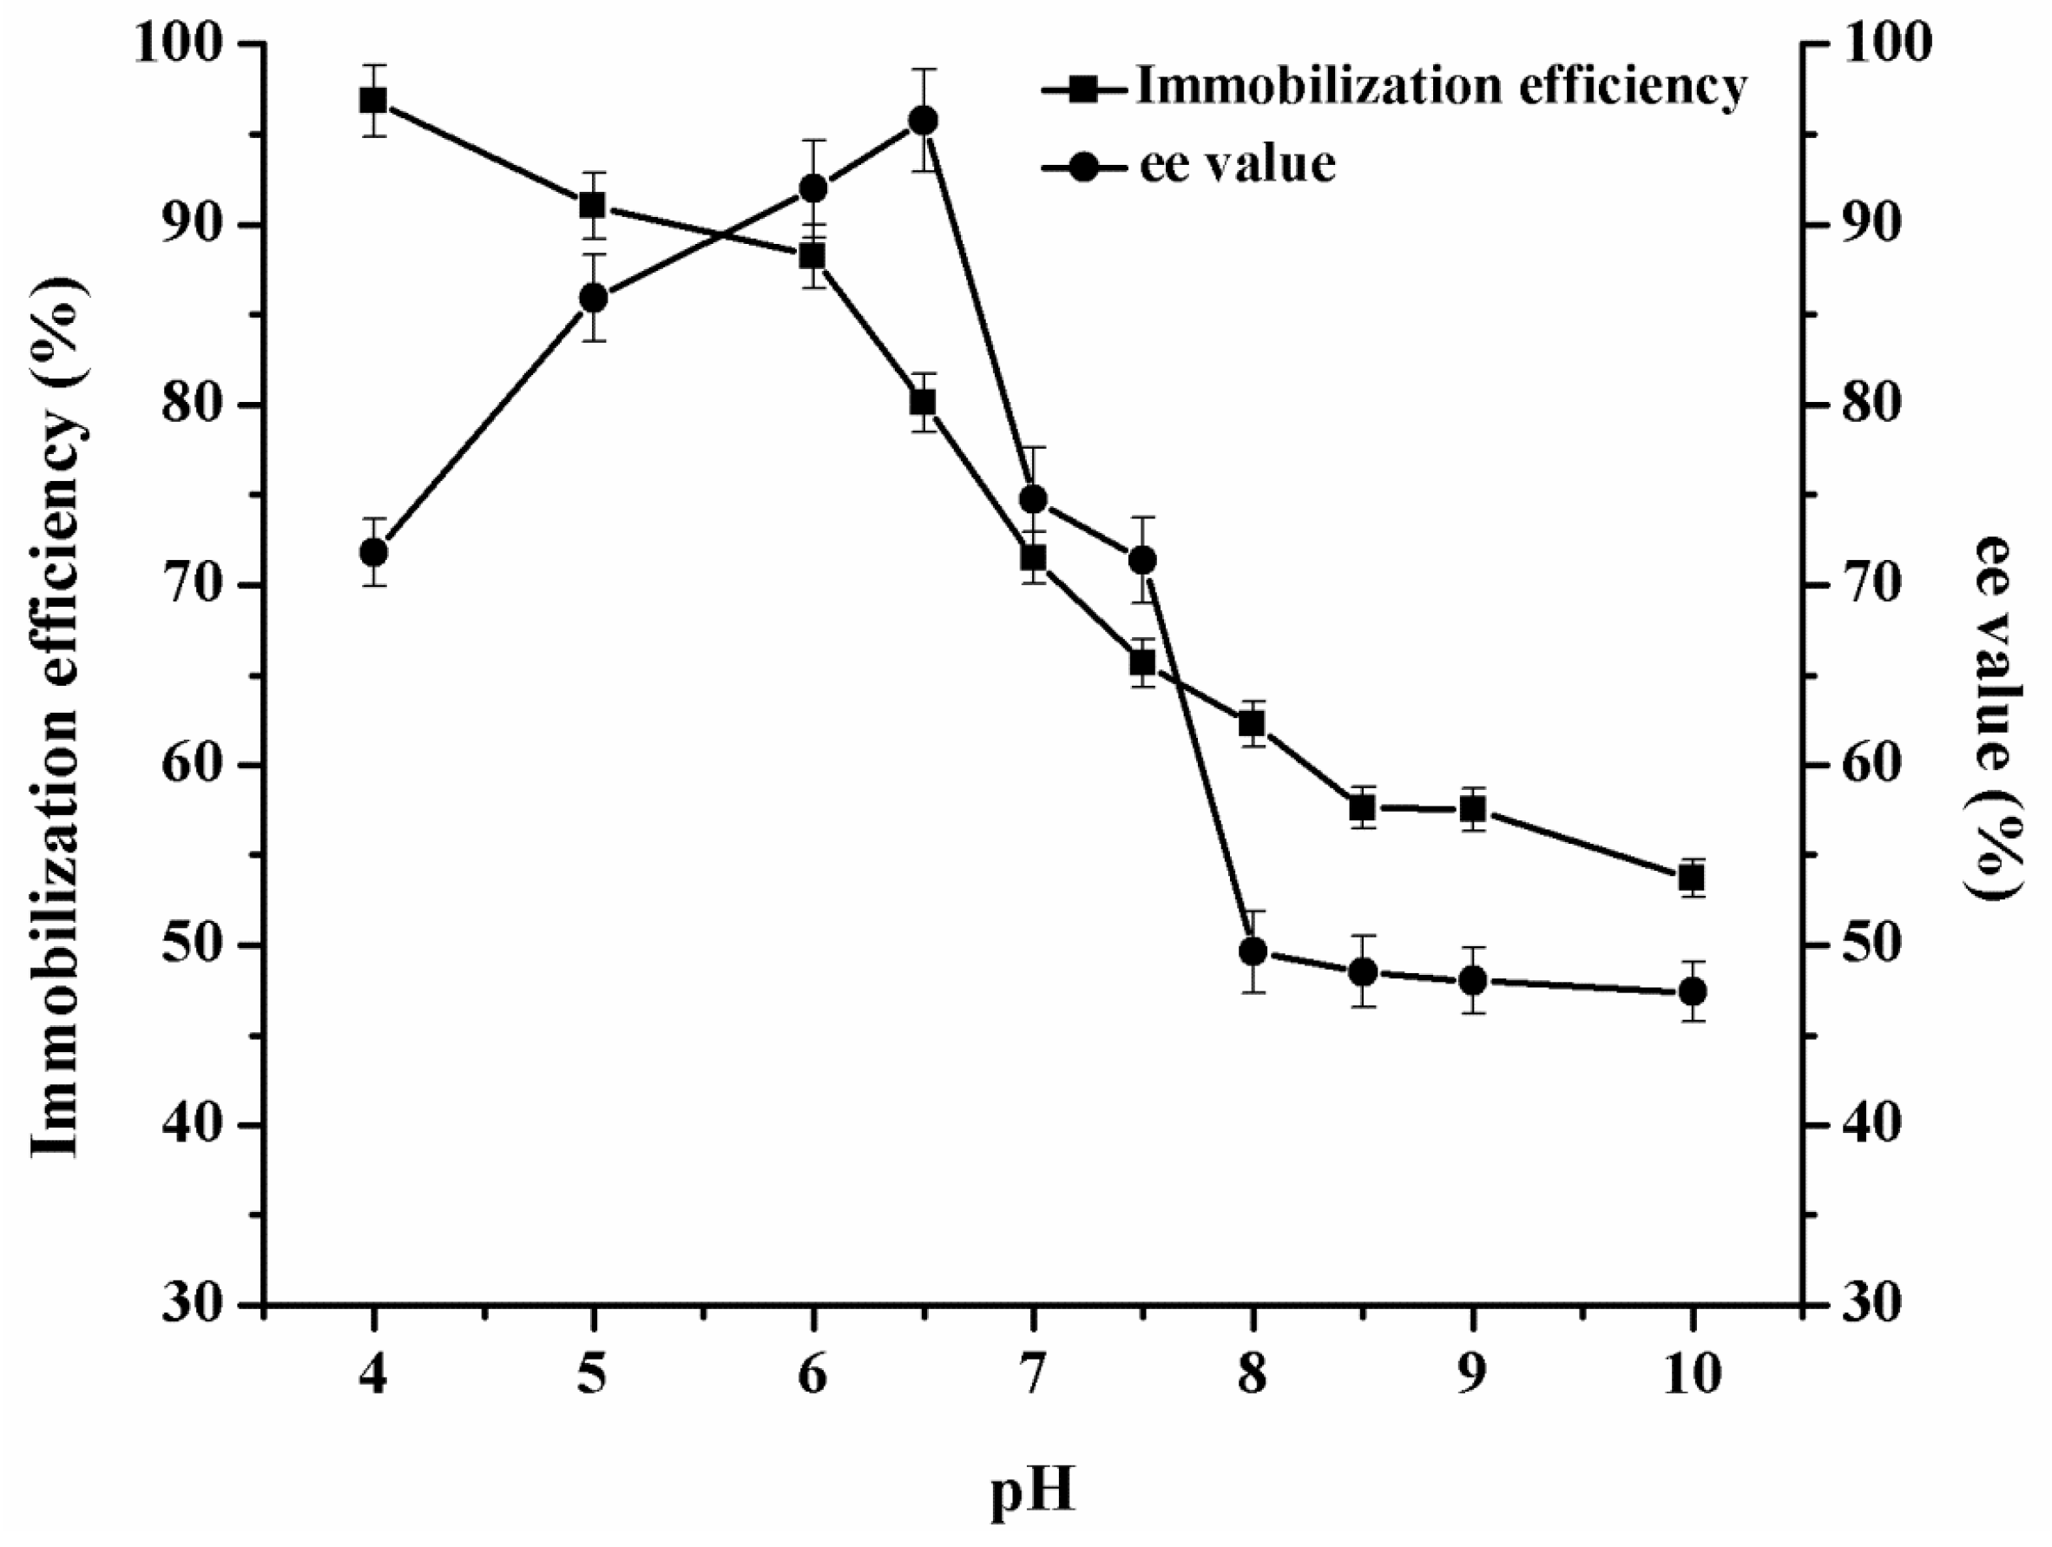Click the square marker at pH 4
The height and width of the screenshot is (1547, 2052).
(373, 100)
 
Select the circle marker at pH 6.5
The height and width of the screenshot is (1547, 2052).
(923, 121)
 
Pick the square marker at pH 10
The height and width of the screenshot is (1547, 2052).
(1692, 878)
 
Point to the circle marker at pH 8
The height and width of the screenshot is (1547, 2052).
(1253, 952)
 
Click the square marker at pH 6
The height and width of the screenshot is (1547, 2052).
(812, 256)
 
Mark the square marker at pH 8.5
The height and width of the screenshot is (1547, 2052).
(1362, 809)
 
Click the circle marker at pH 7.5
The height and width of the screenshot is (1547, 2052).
(1142, 561)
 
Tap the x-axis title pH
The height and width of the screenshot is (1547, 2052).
(1031, 1493)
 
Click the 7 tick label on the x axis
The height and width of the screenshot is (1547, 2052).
(1032, 1375)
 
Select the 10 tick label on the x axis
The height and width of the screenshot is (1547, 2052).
(1691, 1375)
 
